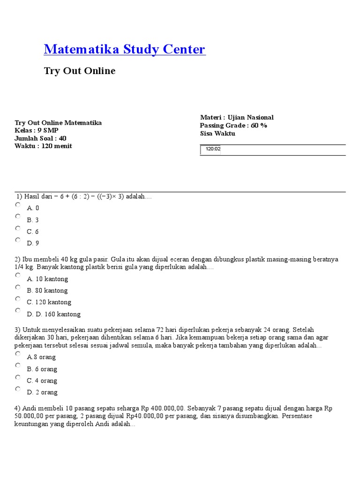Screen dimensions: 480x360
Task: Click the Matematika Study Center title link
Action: tap(124, 49)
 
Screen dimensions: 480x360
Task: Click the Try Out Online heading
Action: tap(79, 71)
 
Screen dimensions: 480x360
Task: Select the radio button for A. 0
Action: tap(18, 205)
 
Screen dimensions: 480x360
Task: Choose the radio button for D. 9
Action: tap(18, 240)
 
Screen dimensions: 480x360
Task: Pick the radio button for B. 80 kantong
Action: tap(18, 287)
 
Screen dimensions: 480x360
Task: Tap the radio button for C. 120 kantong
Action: tap(18, 299)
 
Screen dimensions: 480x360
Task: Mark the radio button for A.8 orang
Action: tap(18, 354)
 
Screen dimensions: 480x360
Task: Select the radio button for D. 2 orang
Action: tap(18, 389)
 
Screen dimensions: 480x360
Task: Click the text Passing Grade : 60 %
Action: tap(233, 126)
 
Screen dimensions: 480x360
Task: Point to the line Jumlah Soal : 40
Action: tap(40, 138)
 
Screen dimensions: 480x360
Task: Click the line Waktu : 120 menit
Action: tap(43, 146)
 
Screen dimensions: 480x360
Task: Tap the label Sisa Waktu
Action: tap(217, 134)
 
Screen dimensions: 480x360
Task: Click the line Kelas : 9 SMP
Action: tap(37, 130)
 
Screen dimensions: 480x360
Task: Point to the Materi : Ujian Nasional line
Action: tap(237, 118)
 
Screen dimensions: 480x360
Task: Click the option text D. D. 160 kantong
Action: tap(53, 314)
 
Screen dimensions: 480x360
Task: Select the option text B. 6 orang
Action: tap(42, 369)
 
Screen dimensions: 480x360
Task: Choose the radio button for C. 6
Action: tap(18, 228)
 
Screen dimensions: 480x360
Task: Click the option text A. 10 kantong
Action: tap(47, 279)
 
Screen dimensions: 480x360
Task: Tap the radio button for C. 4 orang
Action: tap(18, 377)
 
